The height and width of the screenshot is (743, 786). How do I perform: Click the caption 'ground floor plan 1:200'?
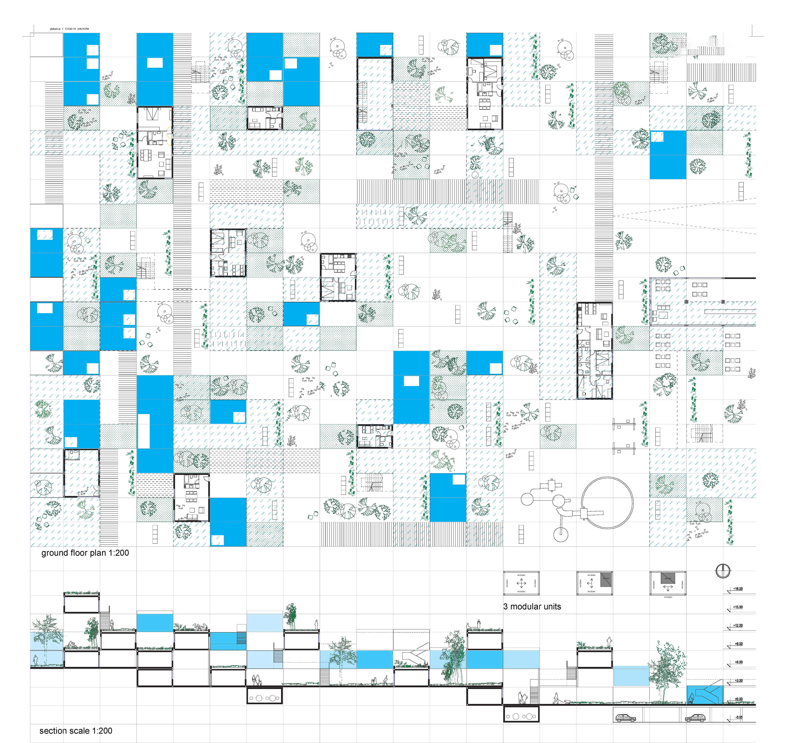(x=85, y=553)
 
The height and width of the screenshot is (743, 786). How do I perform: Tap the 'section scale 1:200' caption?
(x=76, y=731)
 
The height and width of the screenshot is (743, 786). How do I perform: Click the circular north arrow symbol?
(x=723, y=571)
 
